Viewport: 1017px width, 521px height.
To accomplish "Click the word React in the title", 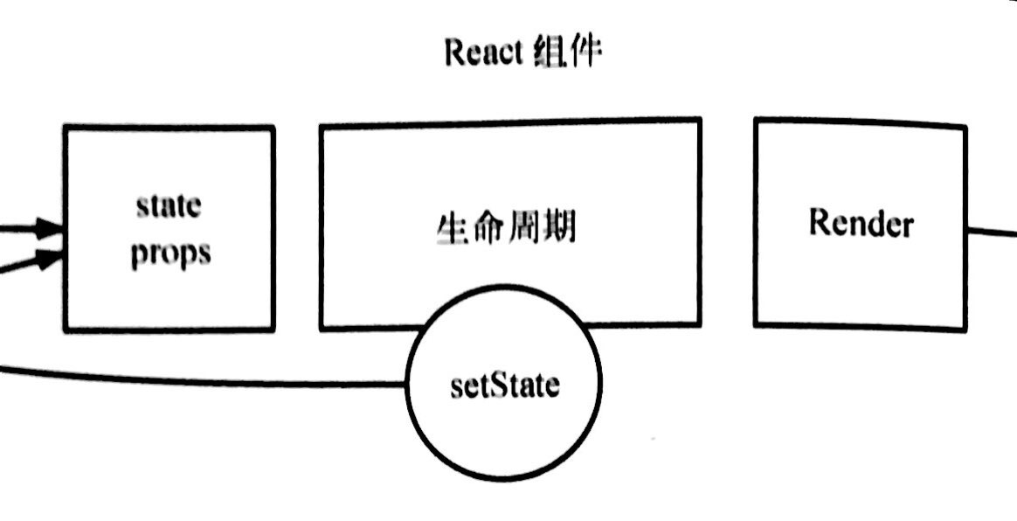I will point(483,53).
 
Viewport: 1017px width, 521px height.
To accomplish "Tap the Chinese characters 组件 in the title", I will point(567,53).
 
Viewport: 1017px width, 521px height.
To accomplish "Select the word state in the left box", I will point(169,207).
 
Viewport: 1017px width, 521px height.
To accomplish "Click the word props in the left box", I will point(170,254).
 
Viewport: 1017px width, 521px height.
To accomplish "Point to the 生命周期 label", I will point(506,230).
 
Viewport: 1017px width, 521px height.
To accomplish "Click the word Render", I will point(861,223).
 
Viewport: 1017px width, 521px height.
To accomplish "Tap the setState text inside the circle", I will point(504,386).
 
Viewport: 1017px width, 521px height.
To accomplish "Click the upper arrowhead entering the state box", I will point(52,230).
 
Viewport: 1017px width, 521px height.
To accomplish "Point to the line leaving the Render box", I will point(992,233).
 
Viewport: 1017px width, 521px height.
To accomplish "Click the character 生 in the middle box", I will point(451,230).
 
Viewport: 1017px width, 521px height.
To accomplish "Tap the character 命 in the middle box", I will point(488,230).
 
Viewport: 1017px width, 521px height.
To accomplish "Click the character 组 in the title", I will point(548,53).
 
